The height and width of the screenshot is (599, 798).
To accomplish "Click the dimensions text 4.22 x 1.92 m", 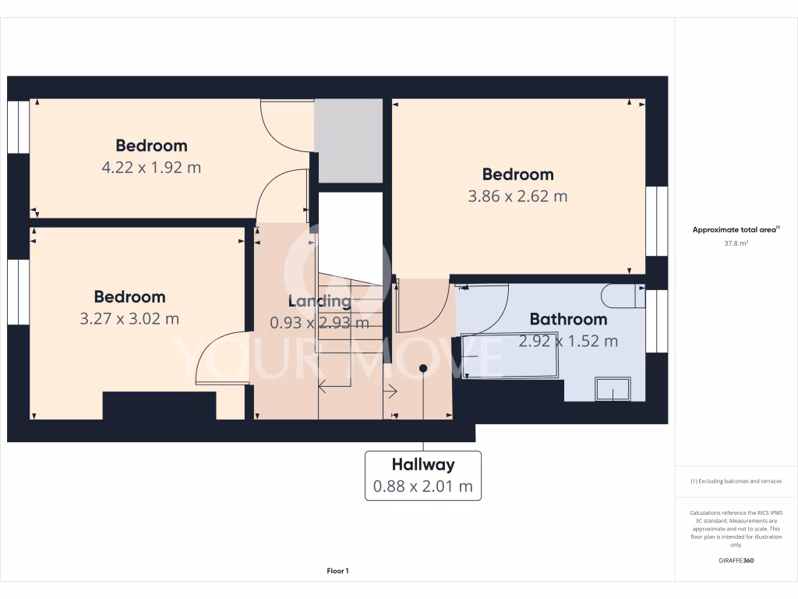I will click(x=151, y=167).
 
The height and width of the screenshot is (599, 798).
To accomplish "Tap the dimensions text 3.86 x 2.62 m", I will click(x=517, y=196).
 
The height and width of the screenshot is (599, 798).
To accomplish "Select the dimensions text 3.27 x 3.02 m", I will click(x=129, y=318).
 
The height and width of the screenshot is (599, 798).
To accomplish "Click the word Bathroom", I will click(x=568, y=319).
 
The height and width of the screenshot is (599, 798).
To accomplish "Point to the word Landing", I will click(x=320, y=301).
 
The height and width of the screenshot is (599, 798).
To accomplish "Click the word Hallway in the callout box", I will click(x=423, y=465).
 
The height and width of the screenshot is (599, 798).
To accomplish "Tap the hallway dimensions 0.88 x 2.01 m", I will click(x=423, y=487).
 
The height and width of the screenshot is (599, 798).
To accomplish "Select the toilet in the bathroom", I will click(x=622, y=296).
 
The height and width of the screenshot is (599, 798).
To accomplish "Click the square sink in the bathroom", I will click(x=613, y=388).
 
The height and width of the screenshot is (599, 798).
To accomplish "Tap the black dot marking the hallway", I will click(x=423, y=368).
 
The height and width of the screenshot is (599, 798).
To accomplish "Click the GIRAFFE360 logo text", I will click(x=736, y=561).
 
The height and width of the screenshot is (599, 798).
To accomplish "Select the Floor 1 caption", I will click(x=337, y=571).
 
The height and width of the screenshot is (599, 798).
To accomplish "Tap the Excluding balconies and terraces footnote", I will click(x=736, y=481).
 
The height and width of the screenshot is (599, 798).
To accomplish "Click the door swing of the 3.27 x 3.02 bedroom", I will click(x=222, y=359).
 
